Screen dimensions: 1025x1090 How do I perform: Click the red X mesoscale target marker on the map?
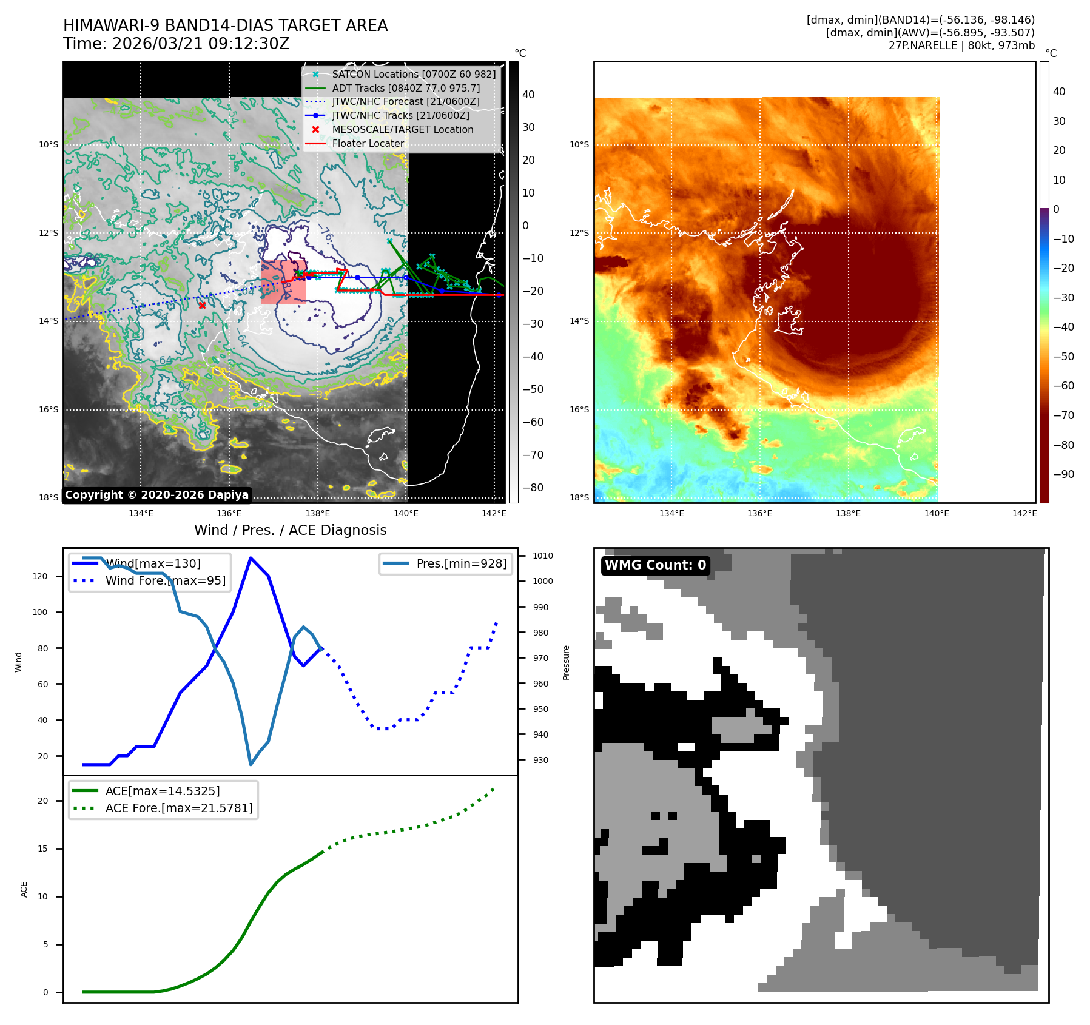[x=202, y=305]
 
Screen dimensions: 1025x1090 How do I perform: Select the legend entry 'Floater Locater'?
[x=368, y=144]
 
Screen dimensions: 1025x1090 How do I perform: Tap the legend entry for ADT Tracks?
[x=405, y=88]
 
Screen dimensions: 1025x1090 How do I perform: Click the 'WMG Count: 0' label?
[x=655, y=565]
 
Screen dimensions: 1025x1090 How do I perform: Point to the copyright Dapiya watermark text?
[x=156, y=495]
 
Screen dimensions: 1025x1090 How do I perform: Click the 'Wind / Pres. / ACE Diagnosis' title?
[x=290, y=530]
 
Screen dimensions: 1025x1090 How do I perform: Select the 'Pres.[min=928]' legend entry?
[x=461, y=564]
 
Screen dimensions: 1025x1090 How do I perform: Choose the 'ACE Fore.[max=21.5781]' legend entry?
[x=179, y=808]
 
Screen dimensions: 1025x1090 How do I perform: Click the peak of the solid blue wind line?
[x=251, y=558]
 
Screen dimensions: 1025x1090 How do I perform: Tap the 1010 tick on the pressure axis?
[x=542, y=556]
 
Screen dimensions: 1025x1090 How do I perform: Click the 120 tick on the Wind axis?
[x=40, y=576]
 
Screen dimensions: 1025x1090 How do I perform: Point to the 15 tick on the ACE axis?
[x=42, y=849]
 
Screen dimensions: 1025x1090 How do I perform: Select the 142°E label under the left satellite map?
[x=494, y=513]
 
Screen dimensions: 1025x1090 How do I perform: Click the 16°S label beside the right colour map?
[x=579, y=409]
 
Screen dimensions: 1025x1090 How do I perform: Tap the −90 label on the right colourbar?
[x=1063, y=474]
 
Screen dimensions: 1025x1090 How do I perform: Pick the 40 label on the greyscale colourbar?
[x=528, y=95]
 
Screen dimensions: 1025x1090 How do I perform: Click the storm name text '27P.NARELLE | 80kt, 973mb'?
[x=961, y=45]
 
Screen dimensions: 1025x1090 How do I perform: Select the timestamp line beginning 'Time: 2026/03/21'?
[x=176, y=44]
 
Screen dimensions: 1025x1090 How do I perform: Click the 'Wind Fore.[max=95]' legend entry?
[x=165, y=580]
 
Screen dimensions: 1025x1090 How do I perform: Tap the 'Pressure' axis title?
[x=566, y=662]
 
